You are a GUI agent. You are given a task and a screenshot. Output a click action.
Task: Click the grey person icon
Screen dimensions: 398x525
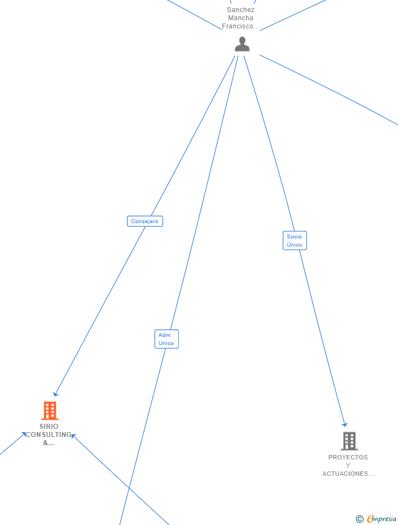(x=242, y=44)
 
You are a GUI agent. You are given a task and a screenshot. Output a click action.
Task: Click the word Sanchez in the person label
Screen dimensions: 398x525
(x=241, y=10)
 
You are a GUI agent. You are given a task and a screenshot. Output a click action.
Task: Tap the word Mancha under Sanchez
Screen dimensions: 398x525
(x=241, y=18)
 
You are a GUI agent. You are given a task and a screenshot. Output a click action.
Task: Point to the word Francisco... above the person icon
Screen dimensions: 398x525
(x=241, y=26)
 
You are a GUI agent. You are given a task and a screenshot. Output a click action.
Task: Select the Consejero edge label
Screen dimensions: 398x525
(x=145, y=221)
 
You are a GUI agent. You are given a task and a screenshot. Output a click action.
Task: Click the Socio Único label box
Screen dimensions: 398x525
(x=295, y=241)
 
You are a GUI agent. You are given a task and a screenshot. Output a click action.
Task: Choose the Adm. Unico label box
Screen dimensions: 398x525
(x=166, y=339)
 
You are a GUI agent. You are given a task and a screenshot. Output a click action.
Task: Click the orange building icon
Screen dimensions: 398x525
(x=50, y=410)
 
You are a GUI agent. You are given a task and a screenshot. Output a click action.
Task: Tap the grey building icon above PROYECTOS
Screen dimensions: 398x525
(x=349, y=441)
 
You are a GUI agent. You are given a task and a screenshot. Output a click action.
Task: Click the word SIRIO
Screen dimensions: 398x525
(x=49, y=427)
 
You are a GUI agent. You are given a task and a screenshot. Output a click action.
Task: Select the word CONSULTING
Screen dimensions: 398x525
(x=49, y=435)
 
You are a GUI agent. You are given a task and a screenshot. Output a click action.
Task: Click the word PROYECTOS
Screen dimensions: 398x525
(x=348, y=457)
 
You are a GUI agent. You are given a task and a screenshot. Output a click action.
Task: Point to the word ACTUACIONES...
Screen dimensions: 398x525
(x=348, y=474)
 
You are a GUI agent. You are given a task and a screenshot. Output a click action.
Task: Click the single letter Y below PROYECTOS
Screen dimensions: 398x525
(x=348, y=465)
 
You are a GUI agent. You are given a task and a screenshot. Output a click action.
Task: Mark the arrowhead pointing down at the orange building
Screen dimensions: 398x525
(x=55, y=394)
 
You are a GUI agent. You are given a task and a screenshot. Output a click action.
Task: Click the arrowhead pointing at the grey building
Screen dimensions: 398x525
(x=344, y=424)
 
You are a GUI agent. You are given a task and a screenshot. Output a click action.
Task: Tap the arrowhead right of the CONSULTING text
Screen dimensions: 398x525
(x=73, y=436)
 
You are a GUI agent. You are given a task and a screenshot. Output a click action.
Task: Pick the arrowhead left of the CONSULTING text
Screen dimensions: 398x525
(x=24, y=434)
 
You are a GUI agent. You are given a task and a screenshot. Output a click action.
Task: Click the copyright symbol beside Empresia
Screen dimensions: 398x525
(x=359, y=519)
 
